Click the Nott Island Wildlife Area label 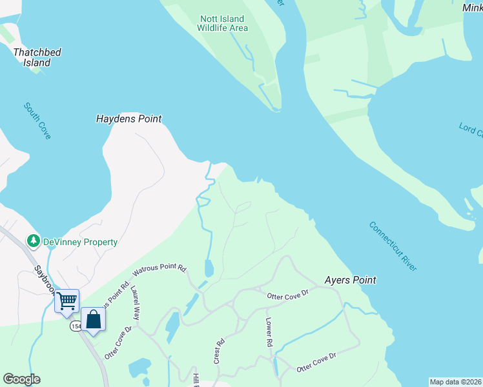pos(223,23)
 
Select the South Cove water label pos(37,121)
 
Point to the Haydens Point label pos(128,119)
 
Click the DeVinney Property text pos(80,242)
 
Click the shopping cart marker pos(67,301)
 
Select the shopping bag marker pos(94,319)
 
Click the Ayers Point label pos(350,281)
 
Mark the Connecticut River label pos(393,246)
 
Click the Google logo pos(21,379)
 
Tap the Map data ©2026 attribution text pos(456,382)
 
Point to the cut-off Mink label pos(472,7)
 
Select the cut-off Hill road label pos(194,380)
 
